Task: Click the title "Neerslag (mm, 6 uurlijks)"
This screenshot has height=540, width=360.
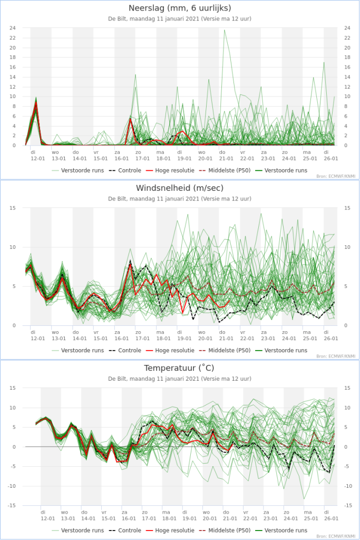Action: tap(180, 8)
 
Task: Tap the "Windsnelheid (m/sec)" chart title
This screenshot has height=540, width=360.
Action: tap(180, 188)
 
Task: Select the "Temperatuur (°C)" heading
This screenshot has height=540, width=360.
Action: tap(179, 368)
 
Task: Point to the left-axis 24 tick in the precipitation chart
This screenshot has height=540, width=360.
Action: tap(13, 28)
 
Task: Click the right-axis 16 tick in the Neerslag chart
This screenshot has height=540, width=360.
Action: tap(347, 67)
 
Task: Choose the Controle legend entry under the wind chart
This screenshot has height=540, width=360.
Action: tap(130, 350)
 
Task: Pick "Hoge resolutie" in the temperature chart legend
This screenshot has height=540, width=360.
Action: tap(174, 531)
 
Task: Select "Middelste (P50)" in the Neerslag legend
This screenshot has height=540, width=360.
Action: tap(229, 170)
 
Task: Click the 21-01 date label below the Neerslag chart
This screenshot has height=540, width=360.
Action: tap(226, 159)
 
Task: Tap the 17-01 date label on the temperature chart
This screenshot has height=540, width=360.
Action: tap(149, 518)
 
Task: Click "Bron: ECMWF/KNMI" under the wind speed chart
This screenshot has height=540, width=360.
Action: tap(336, 356)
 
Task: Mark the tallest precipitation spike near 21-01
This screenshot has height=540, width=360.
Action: tap(225, 30)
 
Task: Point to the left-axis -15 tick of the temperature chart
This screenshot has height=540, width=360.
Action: tap(12, 505)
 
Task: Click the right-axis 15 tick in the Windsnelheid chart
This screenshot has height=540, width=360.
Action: tap(347, 208)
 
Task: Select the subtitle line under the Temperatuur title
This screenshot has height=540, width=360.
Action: tap(180, 379)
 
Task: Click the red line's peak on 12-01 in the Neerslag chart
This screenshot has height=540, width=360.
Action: tap(36, 102)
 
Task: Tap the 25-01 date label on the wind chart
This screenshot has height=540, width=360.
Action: tap(310, 339)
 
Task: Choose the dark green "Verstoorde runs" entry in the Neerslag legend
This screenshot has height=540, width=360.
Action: tap(286, 170)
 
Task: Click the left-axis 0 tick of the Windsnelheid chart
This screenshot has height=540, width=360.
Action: tap(14, 325)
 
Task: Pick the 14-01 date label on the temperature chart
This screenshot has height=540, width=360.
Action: tap(88, 518)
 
